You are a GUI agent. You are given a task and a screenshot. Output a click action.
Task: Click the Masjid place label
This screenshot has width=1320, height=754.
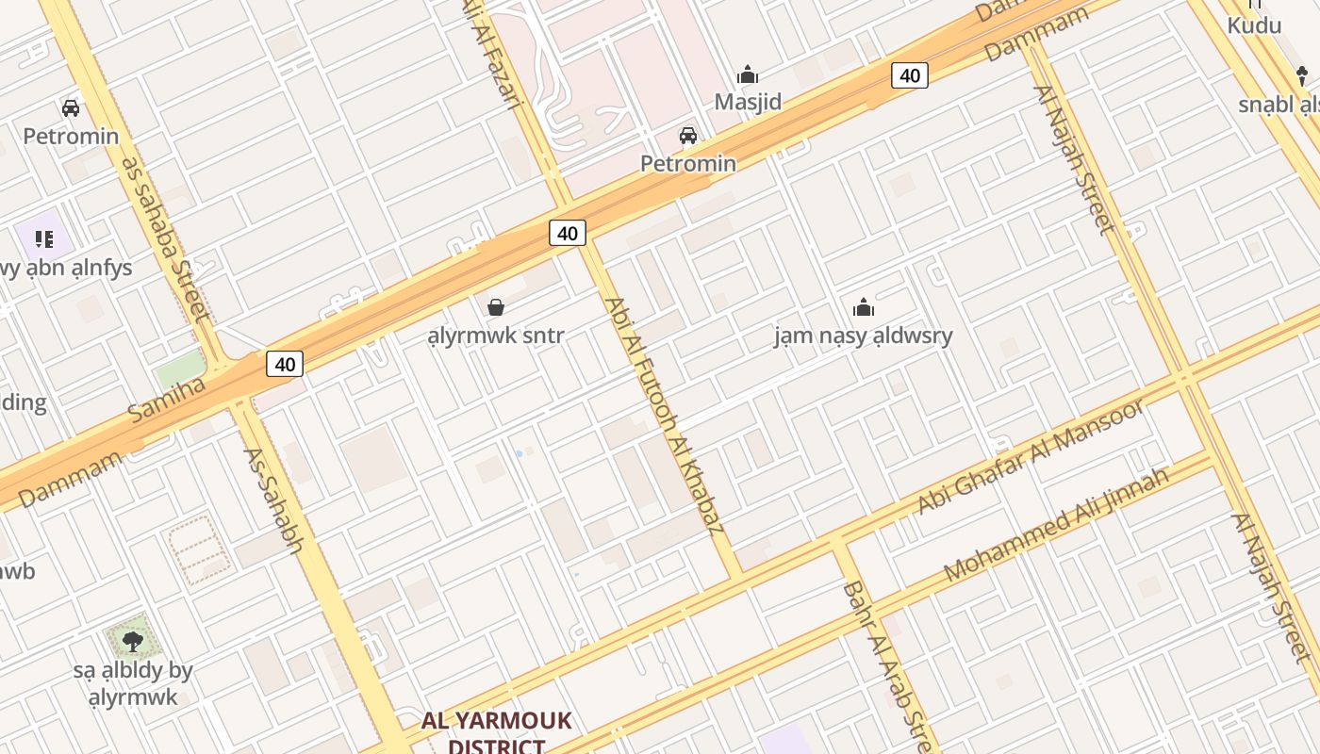(x=748, y=102)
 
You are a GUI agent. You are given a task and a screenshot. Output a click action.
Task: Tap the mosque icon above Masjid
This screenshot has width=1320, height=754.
(x=748, y=74)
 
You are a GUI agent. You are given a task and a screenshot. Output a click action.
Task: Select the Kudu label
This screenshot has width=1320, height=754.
(x=1254, y=25)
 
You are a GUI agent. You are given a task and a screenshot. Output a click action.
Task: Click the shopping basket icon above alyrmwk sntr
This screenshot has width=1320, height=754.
(x=495, y=307)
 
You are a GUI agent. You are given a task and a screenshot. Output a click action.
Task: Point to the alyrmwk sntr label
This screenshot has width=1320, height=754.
(x=495, y=336)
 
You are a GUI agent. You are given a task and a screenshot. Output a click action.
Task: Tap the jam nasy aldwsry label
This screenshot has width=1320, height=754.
(x=863, y=336)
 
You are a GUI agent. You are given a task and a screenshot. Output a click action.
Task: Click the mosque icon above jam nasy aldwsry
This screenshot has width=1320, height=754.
(x=863, y=307)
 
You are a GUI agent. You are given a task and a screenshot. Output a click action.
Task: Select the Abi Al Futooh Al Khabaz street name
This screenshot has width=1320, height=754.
(x=664, y=415)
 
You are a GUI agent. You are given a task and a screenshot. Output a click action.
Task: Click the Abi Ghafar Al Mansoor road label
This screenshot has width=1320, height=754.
(x=1031, y=457)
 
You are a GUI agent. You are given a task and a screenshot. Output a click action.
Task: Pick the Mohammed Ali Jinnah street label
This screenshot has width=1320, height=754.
(x=1056, y=523)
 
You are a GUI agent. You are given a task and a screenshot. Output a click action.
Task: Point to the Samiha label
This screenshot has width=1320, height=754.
(x=167, y=399)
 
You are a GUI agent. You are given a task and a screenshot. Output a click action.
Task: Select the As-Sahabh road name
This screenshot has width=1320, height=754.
(x=273, y=500)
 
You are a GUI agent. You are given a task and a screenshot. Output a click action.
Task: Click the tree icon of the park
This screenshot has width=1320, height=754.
(x=132, y=642)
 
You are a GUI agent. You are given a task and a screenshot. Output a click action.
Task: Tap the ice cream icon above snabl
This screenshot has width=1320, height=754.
(x=1302, y=75)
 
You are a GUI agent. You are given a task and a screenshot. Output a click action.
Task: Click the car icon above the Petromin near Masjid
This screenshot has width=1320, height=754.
(x=688, y=136)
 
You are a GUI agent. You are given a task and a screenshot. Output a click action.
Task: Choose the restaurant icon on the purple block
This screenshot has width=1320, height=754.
(x=43, y=239)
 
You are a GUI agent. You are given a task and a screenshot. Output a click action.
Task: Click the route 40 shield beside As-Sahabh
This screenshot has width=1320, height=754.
(x=285, y=364)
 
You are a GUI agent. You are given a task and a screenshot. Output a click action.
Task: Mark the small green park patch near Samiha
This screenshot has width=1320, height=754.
(x=181, y=369)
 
